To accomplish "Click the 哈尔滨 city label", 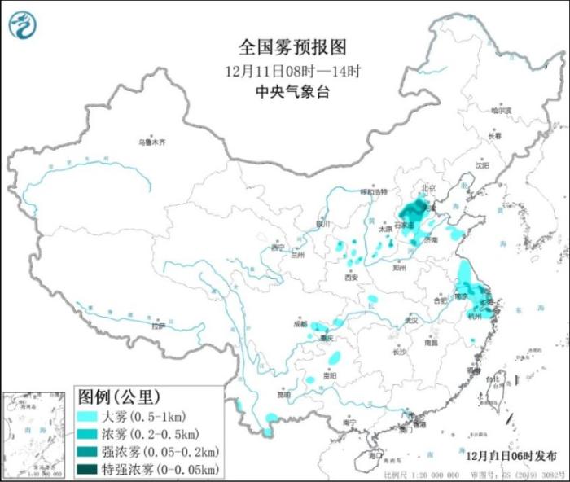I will pyautogui.click(x=502, y=110).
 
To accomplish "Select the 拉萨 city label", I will pyautogui.click(x=158, y=326).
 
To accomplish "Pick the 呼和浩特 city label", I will pyautogui.click(x=374, y=191).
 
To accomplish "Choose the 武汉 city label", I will pyautogui.click(x=409, y=320).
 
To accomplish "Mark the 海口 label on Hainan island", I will pyautogui.click(x=375, y=451).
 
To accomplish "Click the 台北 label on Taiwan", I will pyautogui.click(x=492, y=380).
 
